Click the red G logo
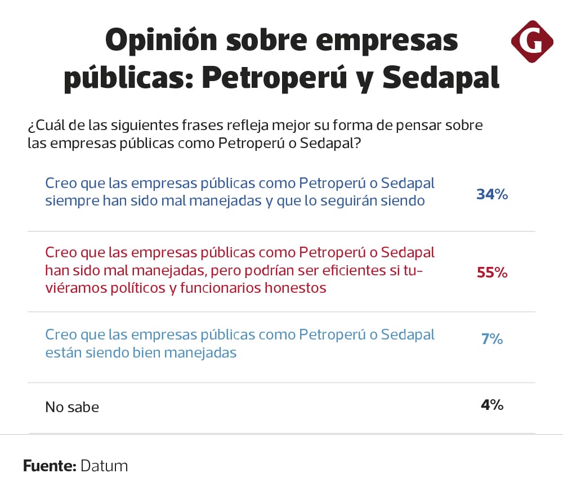tap(532, 41)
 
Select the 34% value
tap(492, 194)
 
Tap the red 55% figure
tap(492, 273)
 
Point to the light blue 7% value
tap(492, 340)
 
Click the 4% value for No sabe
tap(492, 404)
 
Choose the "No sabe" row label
tap(72, 407)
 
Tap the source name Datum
tap(104, 466)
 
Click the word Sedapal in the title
tap(441, 79)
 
